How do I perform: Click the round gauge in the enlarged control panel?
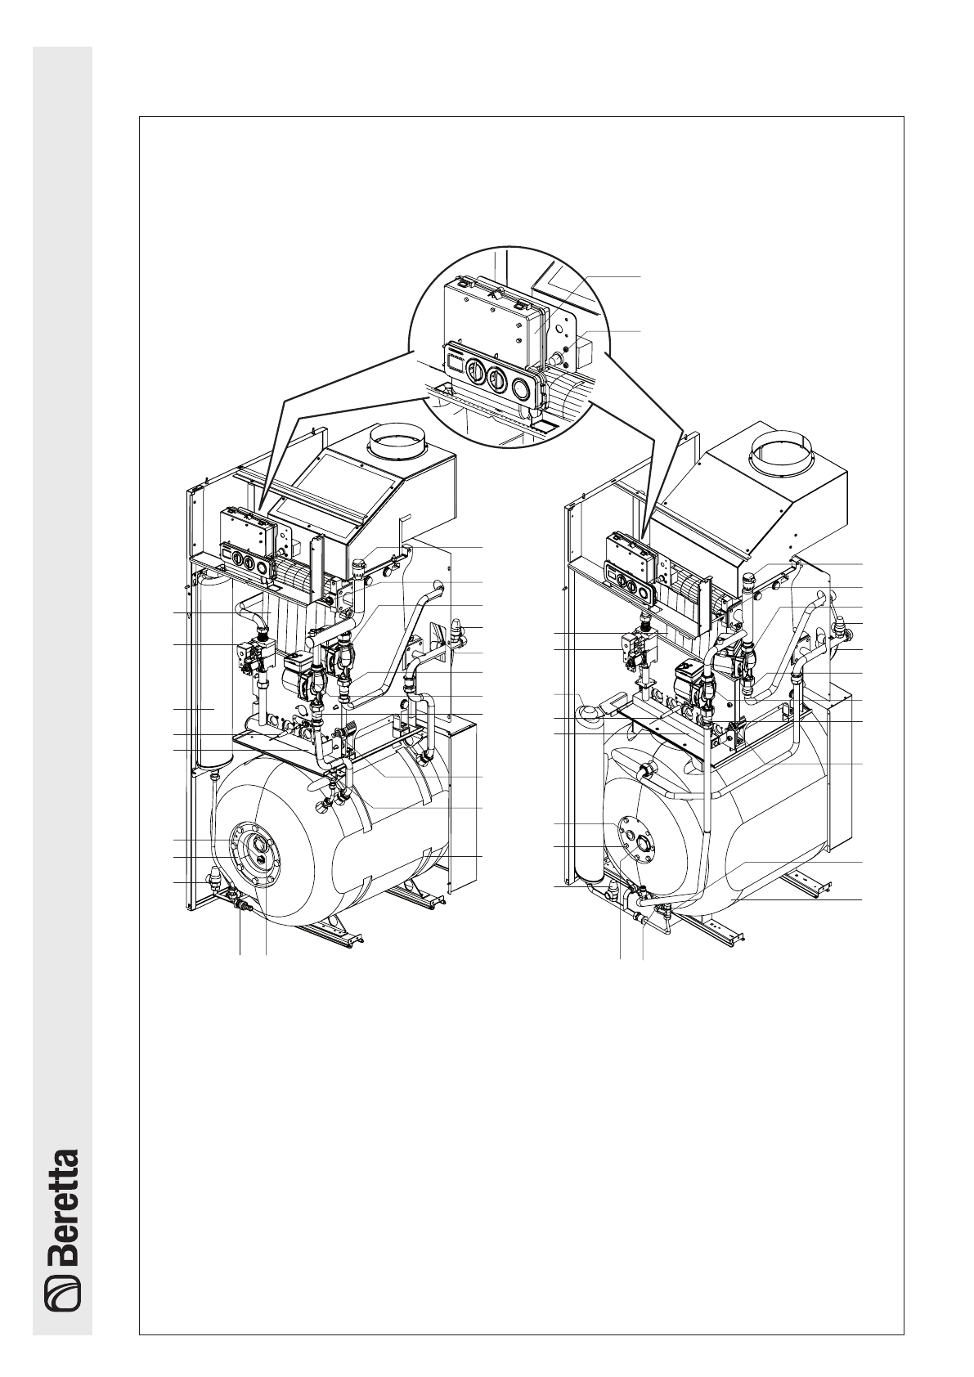click(523, 391)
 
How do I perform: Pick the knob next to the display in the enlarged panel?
click(474, 371)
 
